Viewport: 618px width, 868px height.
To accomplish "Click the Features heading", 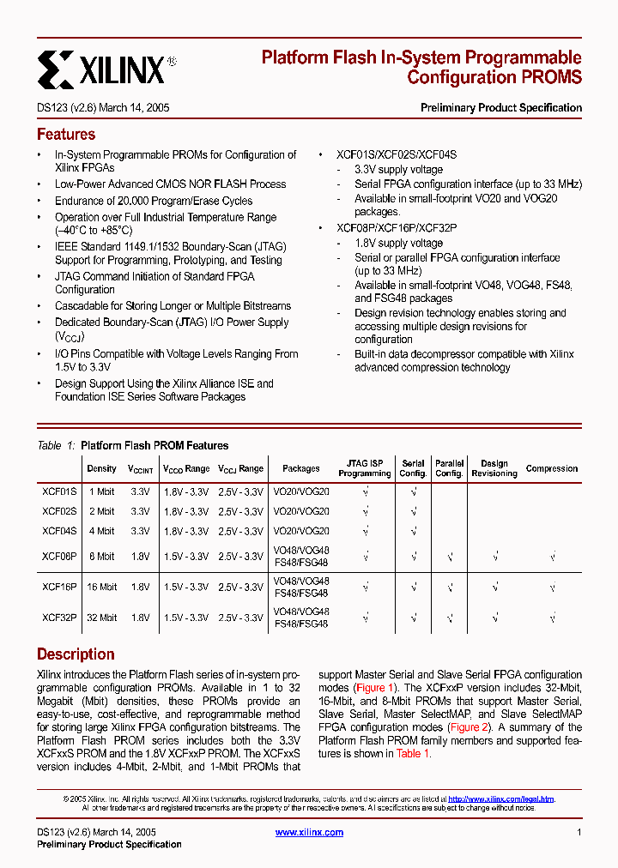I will coord(66,135).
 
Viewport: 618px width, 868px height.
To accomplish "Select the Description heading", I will coord(76,654).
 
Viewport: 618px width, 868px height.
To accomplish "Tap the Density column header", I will coord(101,469).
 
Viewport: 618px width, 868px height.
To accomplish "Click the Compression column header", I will coord(552,469).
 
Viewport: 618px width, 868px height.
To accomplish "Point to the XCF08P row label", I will coord(59,557).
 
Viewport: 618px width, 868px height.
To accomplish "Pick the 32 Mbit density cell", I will coord(101,618).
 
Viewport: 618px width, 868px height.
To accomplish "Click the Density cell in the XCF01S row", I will coord(101,491).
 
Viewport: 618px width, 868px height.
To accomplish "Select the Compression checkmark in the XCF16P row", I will coord(552,587).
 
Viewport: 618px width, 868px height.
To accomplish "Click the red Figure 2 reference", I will coord(470,727).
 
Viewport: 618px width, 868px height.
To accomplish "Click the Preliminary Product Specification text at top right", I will coord(500,108).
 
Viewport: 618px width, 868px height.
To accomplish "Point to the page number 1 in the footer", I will coord(579,833).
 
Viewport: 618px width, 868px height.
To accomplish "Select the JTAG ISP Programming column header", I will coord(365,469).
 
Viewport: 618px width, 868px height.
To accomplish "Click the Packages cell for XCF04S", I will coord(300,532).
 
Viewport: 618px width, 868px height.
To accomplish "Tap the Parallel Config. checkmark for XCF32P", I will coord(450,618).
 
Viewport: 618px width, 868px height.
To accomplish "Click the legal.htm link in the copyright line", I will coord(501,799).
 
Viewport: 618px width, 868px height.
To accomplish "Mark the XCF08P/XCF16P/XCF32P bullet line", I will coord(397,228).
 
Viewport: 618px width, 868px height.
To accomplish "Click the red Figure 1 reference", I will coord(375,688).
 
